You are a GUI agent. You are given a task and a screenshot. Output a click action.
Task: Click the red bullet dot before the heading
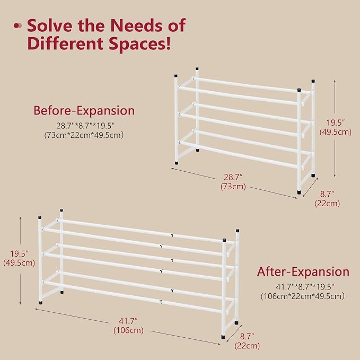(17, 25)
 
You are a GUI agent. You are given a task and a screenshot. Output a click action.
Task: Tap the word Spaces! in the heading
(140, 43)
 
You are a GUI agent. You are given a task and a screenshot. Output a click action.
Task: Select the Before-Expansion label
(84, 110)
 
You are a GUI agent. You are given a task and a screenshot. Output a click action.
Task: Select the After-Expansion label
(303, 271)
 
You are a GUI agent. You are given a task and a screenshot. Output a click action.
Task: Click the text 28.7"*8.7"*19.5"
(85, 126)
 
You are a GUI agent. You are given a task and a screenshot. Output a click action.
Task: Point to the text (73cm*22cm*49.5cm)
(84, 135)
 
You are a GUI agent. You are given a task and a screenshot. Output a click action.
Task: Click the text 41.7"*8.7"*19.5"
(305, 287)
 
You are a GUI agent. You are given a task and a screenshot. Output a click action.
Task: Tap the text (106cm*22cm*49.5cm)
(303, 296)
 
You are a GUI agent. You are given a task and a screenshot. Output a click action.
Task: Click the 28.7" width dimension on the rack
(233, 177)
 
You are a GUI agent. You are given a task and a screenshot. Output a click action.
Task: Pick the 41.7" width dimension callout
(128, 321)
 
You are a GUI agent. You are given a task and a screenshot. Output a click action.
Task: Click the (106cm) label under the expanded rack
(128, 330)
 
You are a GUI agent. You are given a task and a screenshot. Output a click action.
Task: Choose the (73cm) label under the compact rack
(233, 187)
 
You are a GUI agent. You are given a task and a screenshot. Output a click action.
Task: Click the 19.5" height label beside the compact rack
(336, 123)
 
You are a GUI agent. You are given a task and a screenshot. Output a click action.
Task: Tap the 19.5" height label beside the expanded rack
(19, 254)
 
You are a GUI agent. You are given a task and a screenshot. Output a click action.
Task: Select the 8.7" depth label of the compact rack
(327, 194)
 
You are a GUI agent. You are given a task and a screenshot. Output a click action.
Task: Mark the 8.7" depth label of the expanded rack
(247, 337)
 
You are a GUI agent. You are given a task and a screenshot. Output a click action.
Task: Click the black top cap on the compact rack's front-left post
(176, 76)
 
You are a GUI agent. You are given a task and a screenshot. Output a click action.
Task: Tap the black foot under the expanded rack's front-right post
(223, 337)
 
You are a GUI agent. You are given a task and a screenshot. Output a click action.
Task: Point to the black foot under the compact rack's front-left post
(177, 163)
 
